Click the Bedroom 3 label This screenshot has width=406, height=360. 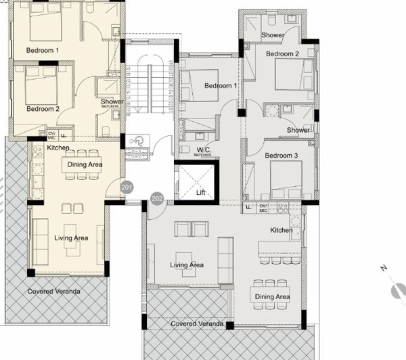pyautogui.click(x=280, y=156)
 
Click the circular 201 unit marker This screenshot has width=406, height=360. pyautogui.click(x=126, y=186)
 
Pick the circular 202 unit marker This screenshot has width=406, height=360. pyautogui.click(x=157, y=199)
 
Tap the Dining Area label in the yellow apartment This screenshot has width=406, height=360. pyautogui.click(x=85, y=164)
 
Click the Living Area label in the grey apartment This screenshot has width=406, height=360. pyautogui.click(x=187, y=265)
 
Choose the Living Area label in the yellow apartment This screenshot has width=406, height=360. pyautogui.click(x=72, y=238)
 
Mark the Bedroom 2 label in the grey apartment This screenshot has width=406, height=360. pyautogui.click(x=282, y=53)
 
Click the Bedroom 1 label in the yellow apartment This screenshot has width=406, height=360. pyautogui.click(x=42, y=51)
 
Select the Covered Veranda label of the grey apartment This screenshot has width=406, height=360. pyautogui.click(x=197, y=324)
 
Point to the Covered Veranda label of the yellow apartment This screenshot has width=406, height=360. pyautogui.click(x=53, y=291)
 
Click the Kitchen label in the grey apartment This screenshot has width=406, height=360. pyautogui.click(x=281, y=230)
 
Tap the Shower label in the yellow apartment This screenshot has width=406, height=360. pyautogui.click(x=112, y=102)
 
